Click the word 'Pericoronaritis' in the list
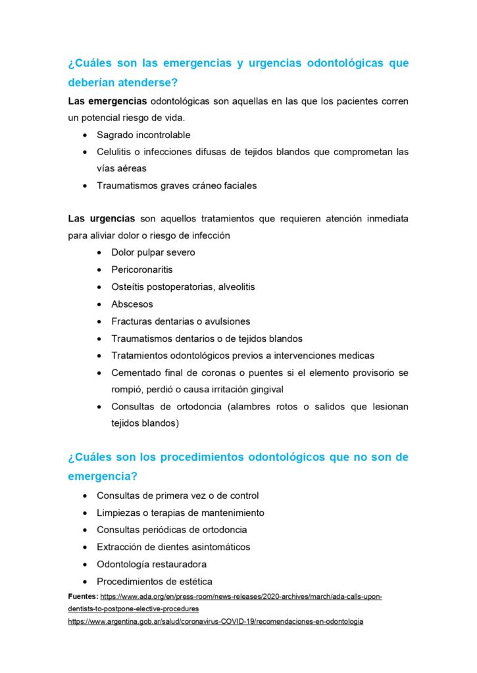point(142,269)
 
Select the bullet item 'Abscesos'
point(132,304)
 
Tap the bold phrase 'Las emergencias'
point(107,101)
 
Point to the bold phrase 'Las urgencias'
point(102,218)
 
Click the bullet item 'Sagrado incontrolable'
point(143,135)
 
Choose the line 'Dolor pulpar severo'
point(153,252)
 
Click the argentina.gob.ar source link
point(216,621)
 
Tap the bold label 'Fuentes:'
point(83,596)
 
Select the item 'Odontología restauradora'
point(151,564)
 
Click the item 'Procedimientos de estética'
point(154,581)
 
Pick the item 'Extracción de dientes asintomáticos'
point(173,547)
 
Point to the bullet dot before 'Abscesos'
point(99,305)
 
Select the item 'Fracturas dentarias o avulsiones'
point(180,321)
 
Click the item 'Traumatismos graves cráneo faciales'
point(176,185)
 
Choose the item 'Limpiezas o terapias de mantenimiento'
point(180,513)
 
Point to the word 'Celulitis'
point(115,152)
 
